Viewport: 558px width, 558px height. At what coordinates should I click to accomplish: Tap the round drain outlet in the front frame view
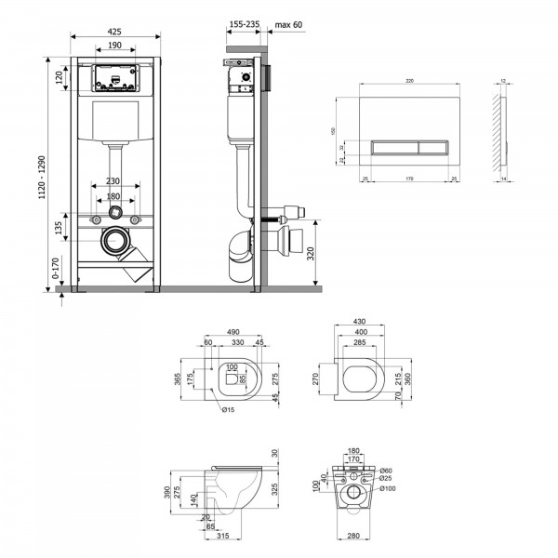[x=117, y=241]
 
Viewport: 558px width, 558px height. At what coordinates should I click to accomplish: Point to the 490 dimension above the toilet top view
[x=233, y=332]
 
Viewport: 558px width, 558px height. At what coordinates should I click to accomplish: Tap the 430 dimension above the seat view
[x=358, y=323]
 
